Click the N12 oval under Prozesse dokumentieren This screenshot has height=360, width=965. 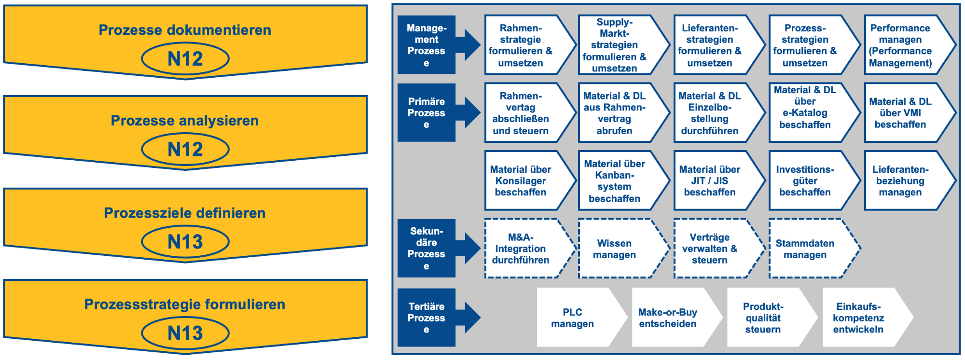pos(185,59)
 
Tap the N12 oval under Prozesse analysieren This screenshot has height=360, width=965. pos(185,150)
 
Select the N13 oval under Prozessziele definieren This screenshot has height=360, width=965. pos(185,242)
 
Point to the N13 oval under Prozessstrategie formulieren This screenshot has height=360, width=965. pos(185,333)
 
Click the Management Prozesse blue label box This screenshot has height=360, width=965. pos(427,45)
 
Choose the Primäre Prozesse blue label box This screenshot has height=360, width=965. pos(427,112)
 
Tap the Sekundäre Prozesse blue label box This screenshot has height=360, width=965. pos(427,248)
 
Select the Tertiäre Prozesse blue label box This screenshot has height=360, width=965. pos(427,318)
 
